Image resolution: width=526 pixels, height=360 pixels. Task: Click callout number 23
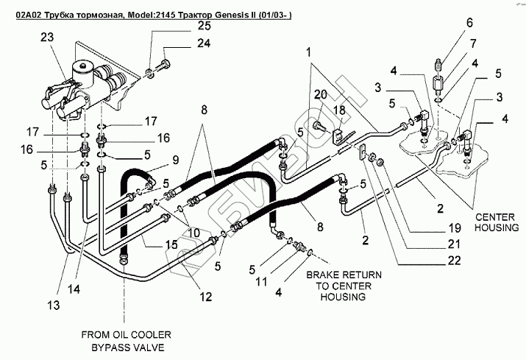pos(47,37)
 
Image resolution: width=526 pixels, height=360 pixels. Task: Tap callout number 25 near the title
pos(204,26)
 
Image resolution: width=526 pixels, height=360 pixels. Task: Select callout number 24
pos(204,43)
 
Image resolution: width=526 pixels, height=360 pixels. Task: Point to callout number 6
pos(469,23)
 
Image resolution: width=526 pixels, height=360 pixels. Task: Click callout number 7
pos(473,43)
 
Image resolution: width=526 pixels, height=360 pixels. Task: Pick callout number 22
pos(454,261)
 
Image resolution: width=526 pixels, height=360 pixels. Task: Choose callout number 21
pos(454,244)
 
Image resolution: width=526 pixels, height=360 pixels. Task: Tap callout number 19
pos(455,228)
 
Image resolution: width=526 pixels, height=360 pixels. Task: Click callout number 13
pos(54,306)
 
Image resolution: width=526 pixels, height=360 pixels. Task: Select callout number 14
pos(74,289)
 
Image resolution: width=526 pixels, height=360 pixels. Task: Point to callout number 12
pos(206,297)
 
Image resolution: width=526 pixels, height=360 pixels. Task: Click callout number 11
pos(261,281)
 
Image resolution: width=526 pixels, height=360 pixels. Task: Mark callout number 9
pos(175,160)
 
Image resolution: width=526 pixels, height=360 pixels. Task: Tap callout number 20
pos(320,95)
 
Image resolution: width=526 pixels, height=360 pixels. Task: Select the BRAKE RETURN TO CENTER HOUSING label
pos(344,286)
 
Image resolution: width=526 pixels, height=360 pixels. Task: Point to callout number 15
pos(171,244)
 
